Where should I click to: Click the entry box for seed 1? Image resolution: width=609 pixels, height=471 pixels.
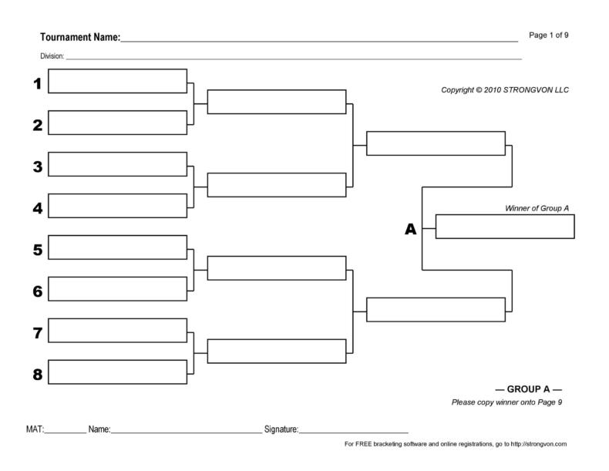pos(118,81)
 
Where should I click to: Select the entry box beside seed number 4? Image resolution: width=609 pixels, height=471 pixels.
pos(118,206)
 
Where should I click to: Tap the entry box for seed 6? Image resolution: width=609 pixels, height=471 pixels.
pos(118,289)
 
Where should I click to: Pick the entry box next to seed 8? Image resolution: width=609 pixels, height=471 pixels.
pos(118,372)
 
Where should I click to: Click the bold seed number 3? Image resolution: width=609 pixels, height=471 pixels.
pos(37,166)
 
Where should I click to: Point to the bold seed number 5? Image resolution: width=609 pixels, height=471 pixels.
pos(37,249)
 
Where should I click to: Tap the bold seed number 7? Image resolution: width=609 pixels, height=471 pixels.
pos(37,332)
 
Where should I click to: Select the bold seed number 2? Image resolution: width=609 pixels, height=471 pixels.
pos(37,125)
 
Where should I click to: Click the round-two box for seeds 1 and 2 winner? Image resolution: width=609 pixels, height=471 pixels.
pos(276,102)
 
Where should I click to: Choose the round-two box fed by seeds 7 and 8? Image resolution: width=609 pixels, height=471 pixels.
pos(276,351)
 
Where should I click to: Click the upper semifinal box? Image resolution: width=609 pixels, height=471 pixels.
pos(436,143)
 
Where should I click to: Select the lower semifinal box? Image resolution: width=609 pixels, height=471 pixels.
pos(436,309)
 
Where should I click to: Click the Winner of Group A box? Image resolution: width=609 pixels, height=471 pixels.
pos(505,227)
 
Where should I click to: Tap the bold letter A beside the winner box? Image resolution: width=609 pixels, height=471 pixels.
pos(410,229)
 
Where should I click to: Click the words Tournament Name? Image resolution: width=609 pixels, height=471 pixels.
pos(79,37)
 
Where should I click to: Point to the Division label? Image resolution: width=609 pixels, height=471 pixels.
pos(52,56)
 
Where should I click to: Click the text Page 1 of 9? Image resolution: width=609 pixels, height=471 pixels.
pos(549,35)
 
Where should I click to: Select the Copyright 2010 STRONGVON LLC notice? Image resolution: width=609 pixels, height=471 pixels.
pos(504,89)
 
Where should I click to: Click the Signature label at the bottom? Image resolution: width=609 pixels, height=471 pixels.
pos(281,429)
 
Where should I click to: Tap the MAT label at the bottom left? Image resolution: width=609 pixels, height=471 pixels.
pos(34,429)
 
